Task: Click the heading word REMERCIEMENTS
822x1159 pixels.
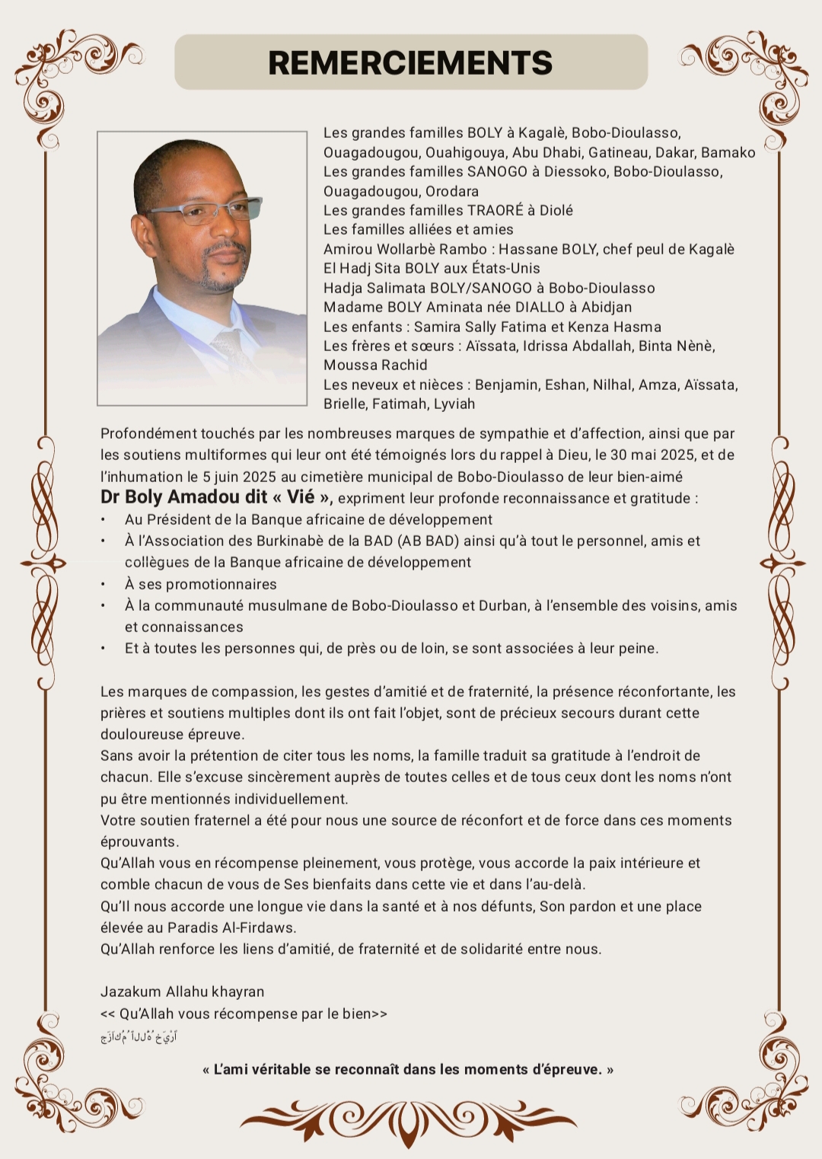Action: [410, 62]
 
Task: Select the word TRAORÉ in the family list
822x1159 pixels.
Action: [490, 210]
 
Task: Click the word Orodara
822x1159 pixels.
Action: [452, 191]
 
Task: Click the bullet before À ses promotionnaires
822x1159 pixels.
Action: [103, 584]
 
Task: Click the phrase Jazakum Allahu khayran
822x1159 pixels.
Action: [183, 991]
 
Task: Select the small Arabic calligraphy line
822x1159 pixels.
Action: [139, 1036]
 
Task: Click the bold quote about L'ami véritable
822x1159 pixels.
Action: [408, 1069]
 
